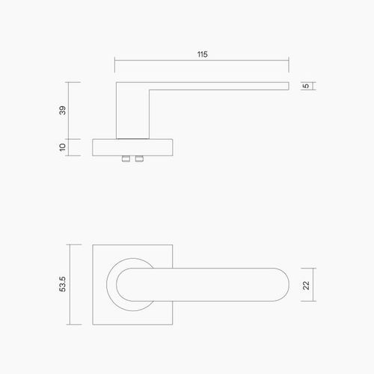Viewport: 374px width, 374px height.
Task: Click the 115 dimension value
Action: [203, 55]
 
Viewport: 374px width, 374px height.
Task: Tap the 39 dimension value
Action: [63, 110]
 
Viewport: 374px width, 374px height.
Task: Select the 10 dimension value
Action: [63, 147]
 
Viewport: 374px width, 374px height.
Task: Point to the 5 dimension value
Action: [305, 87]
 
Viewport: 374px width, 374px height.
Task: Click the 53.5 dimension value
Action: [63, 284]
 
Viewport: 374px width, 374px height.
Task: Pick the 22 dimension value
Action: [305, 284]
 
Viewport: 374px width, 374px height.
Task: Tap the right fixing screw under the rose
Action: [140, 159]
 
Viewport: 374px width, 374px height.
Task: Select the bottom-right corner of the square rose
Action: [175, 325]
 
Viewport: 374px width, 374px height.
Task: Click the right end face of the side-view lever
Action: [288, 86]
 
